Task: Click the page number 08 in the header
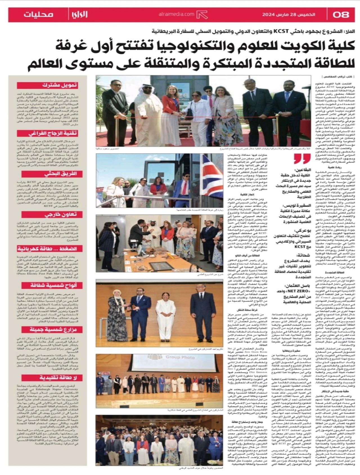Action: point(341,15)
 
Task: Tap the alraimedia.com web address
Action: point(176,14)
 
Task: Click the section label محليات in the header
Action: point(38,15)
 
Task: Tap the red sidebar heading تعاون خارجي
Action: point(60,215)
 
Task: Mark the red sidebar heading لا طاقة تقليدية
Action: point(58,378)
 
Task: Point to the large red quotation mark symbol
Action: point(302,159)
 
